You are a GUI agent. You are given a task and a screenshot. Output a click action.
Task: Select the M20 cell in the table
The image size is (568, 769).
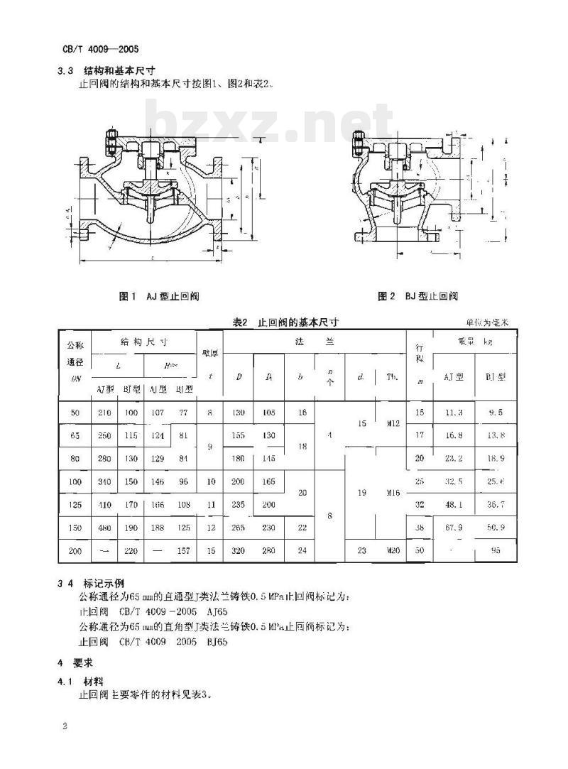[392, 550]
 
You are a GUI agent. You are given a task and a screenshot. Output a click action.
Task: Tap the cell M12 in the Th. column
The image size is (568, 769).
[392, 423]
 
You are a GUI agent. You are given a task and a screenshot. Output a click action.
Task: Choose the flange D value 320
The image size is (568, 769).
[239, 550]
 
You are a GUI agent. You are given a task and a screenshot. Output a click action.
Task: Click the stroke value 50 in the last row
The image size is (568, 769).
[419, 550]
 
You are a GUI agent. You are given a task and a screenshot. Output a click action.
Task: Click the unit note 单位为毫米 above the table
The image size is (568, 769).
[488, 322]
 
